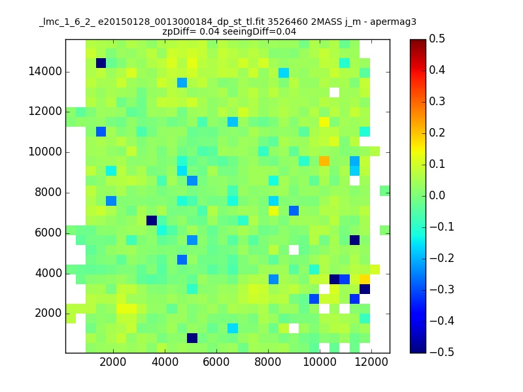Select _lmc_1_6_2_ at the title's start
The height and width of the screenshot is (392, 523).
pos(67,23)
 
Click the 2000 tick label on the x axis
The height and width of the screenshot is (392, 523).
pos(113,362)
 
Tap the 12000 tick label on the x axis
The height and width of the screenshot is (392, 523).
pos(371,362)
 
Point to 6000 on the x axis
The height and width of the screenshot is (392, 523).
pos(216,362)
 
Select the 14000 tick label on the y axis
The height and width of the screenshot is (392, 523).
pos(45,71)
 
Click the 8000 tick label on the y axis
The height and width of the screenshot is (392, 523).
pos(48,192)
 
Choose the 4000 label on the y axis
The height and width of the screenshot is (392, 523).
pos(48,273)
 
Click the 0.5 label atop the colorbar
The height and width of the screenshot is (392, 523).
pos(437,39)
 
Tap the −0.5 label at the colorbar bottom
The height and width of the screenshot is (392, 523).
pos(442,352)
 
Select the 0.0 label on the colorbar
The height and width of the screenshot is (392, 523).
pos(437,195)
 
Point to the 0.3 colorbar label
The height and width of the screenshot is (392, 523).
pos(437,101)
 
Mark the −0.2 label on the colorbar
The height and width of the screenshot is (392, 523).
pos(442,258)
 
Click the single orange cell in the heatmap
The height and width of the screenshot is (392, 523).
pos(324,161)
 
